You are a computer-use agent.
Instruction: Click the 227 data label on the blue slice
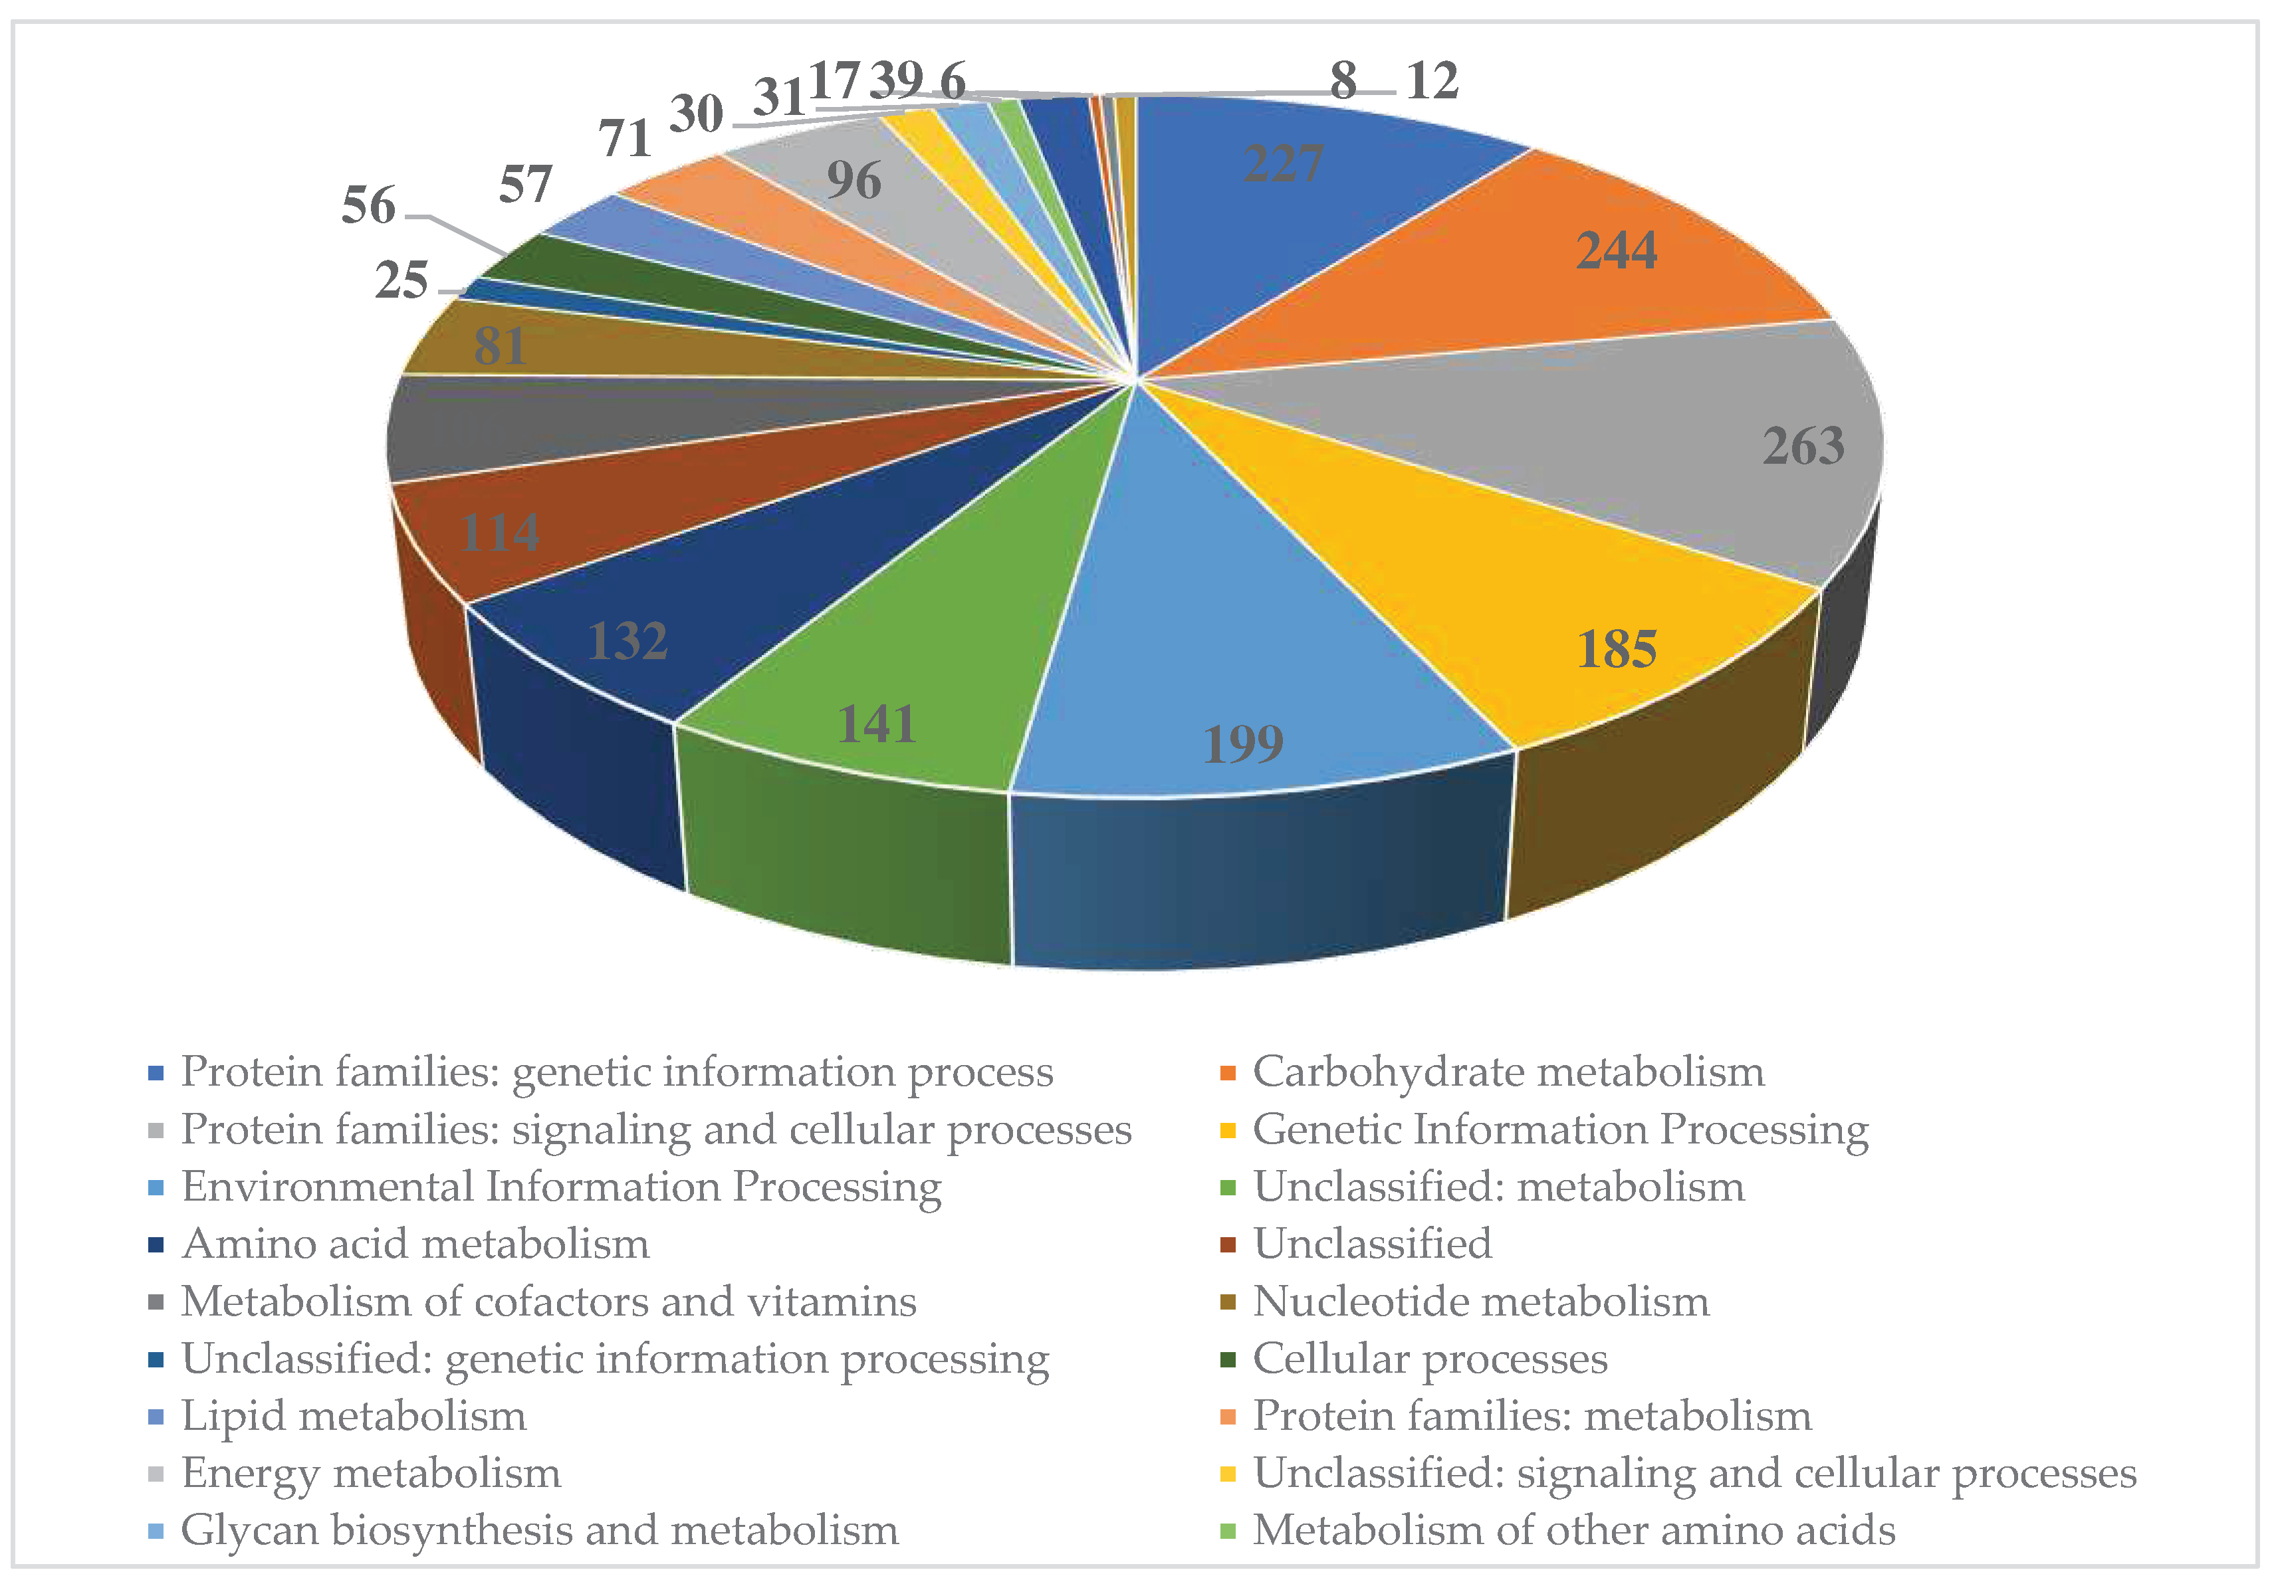(x=1283, y=163)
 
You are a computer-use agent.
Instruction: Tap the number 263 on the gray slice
(x=1803, y=446)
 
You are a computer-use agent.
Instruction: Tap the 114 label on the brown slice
(x=499, y=534)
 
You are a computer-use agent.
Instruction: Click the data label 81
(x=499, y=346)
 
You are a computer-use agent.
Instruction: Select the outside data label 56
(x=368, y=205)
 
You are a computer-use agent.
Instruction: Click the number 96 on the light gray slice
(x=854, y=181)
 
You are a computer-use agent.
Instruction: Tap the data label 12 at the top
(x=1432, y=80)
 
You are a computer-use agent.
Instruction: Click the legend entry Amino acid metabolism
(x=415, y=1244)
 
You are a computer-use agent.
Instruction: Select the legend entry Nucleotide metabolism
(x=1480, y=1302)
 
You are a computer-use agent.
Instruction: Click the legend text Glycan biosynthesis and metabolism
(x=540, y=1530)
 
